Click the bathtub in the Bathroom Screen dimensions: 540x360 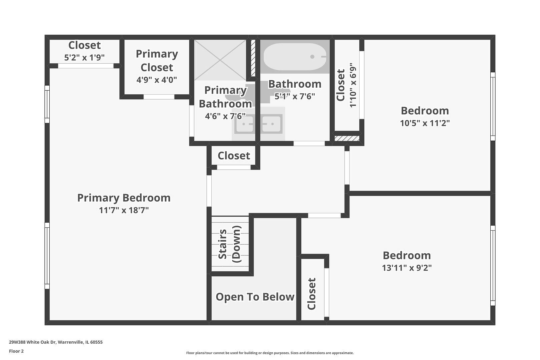(x=295, y=57)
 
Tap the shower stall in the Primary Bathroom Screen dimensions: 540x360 (x=220, y=60)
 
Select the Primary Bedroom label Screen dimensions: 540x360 (x=124, y=198)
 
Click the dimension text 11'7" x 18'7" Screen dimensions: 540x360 (x=124, y=210)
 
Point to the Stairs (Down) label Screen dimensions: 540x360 (x=229, y=244)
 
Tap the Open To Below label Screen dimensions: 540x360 (x=255, y=297)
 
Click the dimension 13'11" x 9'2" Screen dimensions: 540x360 (x=407, y=268)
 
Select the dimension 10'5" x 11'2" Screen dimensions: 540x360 (x=425, y=123)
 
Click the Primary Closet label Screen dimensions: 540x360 (x=157, y=61)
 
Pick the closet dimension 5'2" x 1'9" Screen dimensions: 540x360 (x=84, y=57)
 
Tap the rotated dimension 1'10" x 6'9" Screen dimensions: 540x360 (x=353, y=85)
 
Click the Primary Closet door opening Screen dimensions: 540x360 (x=159, y=97)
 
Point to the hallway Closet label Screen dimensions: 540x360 (x=234, y=156)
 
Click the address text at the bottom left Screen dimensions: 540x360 (x=56, y=342)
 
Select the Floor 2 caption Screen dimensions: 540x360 (x=16, y=351)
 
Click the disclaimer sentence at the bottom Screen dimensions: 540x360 (x=270, y=353)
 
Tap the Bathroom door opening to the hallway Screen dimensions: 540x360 (x=309, y=143)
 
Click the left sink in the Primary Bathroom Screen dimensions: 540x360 (x=244, y=124)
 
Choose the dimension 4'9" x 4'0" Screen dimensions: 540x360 (x=157, y=80)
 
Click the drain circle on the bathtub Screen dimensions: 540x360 (x=312, y=57)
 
